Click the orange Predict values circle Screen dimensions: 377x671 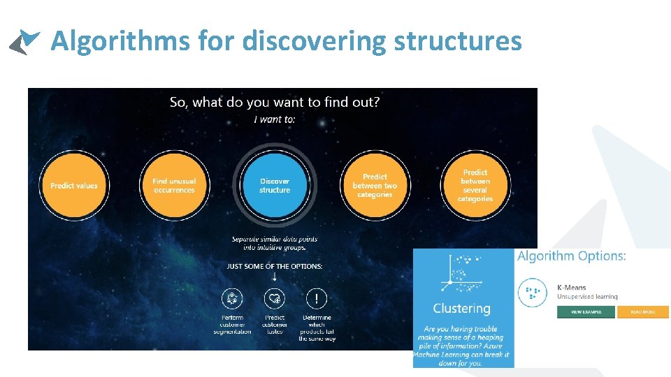coord(74,186)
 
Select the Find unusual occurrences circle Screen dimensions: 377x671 coord(174,186)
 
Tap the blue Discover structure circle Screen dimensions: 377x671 coord(275,186)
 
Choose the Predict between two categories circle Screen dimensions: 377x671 coord(375,186)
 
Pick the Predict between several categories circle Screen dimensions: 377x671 coord(475,186)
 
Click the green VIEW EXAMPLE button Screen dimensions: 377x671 coord(585,312)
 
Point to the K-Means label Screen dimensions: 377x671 coord(571,287)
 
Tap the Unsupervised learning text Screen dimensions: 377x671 coord(587,297)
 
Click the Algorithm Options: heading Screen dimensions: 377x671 coord(571,256)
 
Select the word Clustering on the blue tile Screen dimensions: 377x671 coord(461,309)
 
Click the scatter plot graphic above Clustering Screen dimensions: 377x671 coord(459,275)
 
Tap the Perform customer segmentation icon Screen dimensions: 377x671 coord(232,299)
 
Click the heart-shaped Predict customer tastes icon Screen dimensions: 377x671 coord(275,299)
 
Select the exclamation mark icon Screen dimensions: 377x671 coord(317,299)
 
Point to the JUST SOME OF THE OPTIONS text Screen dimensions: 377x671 coord(275,266)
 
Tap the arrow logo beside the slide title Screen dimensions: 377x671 coord(24,41)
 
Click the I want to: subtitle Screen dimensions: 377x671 coord(275,119)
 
